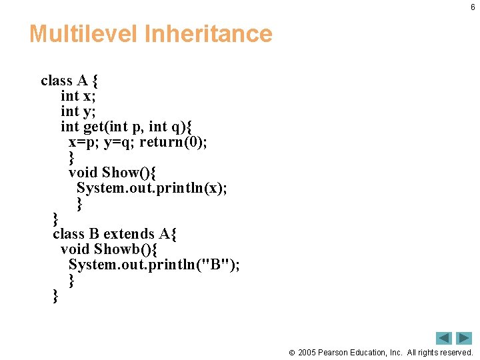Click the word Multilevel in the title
[83, 33]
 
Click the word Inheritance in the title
[209, 33]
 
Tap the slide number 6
[473, 7]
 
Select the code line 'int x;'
[78, 96]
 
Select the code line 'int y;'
[78, 111]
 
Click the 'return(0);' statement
[173, 142]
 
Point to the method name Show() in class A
[129, 173]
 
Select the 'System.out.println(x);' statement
[151, 188]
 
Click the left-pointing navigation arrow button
[444, 338]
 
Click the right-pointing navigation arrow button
[464, 338]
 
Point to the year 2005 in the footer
[307, 352]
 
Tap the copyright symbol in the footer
[291, 352]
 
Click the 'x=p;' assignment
[84, 142]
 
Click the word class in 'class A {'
[56, 81]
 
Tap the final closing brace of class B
[55, 296]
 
